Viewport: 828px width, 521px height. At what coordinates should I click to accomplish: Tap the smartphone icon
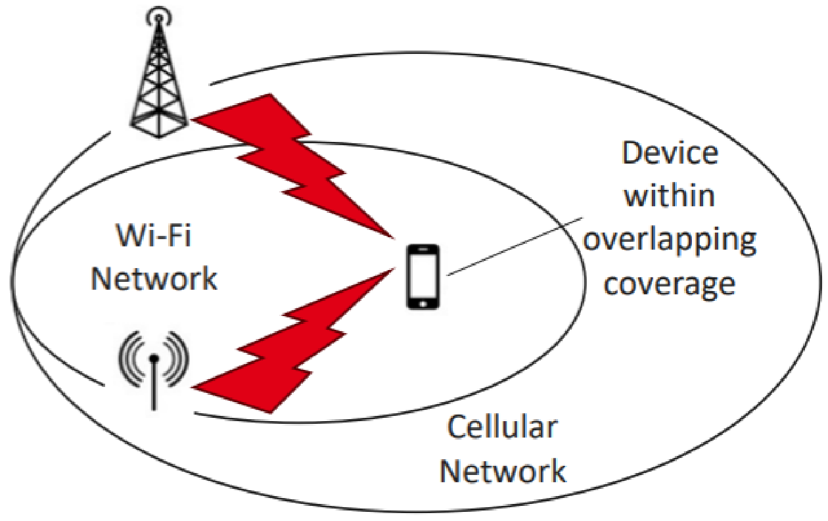(x=423, y=277)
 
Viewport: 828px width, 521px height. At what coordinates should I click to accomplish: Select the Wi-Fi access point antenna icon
(x=153, y=368)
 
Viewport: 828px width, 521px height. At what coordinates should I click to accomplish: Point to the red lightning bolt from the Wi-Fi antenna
(x=296, y=348)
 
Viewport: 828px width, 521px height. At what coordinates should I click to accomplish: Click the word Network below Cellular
(x=503, y=471)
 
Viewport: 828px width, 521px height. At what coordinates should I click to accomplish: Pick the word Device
(x=670, y=154)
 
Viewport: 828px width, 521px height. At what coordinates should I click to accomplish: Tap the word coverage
(x=670, y=284)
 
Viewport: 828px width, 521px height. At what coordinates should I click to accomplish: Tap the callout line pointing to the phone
(x=513, y=244)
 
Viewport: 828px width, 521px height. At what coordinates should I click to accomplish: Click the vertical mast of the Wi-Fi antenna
(x=154, y=388)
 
